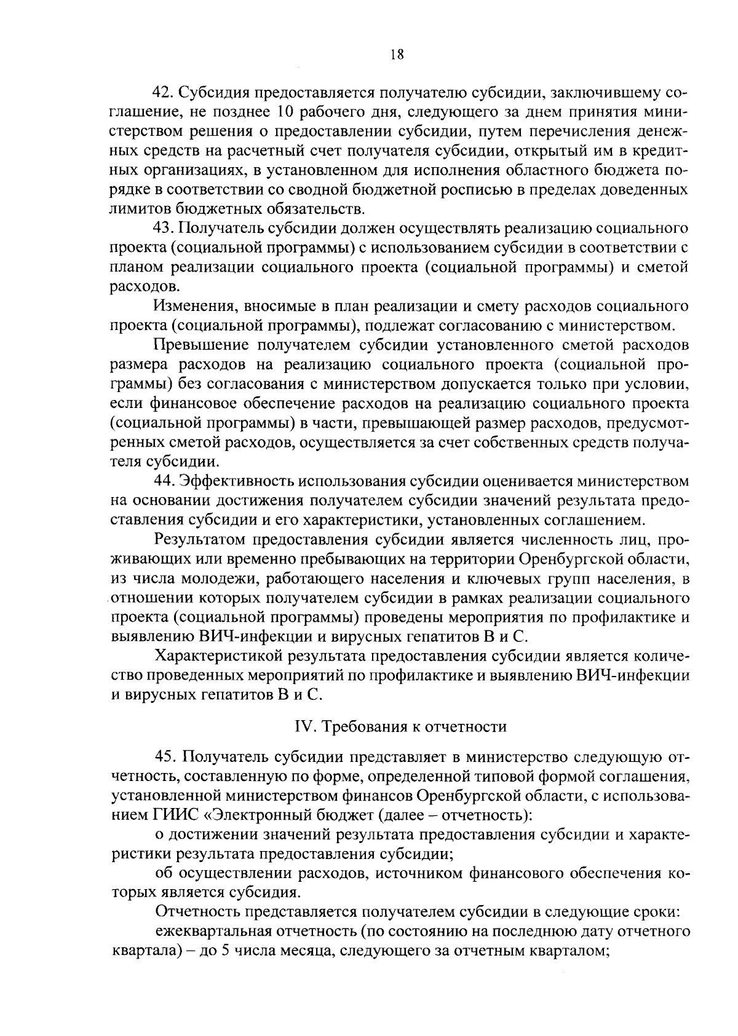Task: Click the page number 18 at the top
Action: pos(397,55)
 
